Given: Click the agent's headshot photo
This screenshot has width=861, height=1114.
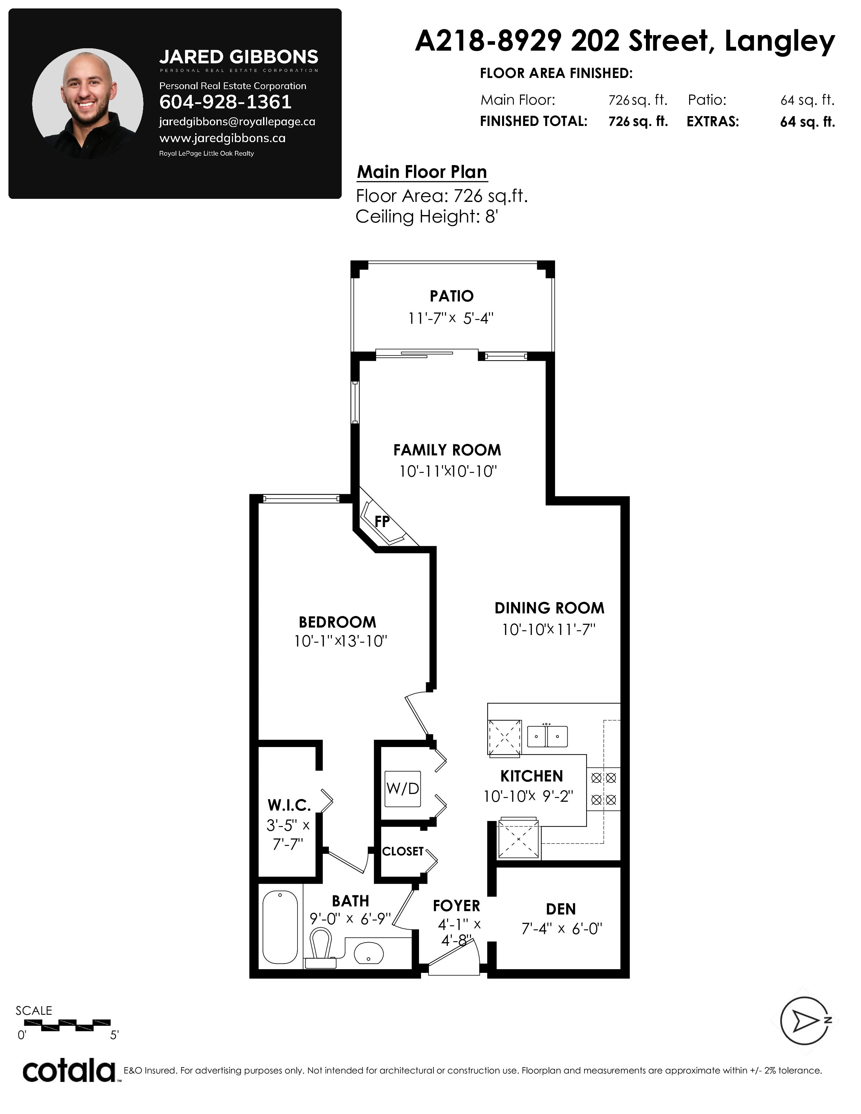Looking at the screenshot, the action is tap(88, 104).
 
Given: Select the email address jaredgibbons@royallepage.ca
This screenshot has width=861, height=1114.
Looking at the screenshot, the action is tap(237, 122).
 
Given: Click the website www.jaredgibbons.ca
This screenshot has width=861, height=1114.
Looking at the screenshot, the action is tap(223, 138).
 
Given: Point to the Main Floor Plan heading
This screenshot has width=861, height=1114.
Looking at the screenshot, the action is tap(422, 172).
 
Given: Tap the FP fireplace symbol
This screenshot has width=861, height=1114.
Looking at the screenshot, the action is tap(383, 521).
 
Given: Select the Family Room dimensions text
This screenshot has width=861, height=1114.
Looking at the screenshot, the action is tap(448, 471).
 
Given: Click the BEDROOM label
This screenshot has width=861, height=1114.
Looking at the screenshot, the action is tap(338, 622).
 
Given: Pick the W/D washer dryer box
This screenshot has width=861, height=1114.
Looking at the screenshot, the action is tap(403, 789).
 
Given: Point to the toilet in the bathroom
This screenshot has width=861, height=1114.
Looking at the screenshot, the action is tap(321, 949).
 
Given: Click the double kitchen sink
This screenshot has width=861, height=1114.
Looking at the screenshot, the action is tap(547, 736).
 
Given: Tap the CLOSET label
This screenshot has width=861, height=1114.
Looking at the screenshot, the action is tap(403, 851).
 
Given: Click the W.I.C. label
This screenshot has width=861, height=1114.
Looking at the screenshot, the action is tap(289, 805).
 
